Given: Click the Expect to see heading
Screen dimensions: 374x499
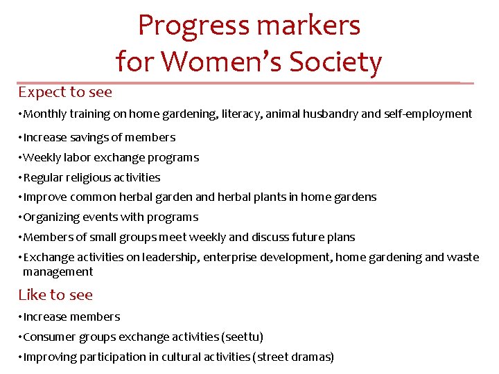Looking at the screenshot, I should pos(65,91).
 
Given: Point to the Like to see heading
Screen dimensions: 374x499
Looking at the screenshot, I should pos(55,294).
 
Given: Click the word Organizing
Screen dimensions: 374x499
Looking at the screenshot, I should pos(51,217).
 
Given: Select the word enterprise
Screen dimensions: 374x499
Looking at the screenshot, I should pos(232,257).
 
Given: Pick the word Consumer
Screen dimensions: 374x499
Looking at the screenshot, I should pos(50,337).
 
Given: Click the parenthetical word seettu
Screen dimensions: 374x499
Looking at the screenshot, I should pos(242,337).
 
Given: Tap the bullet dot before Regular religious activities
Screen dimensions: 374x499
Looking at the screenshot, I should pos(21,177).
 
